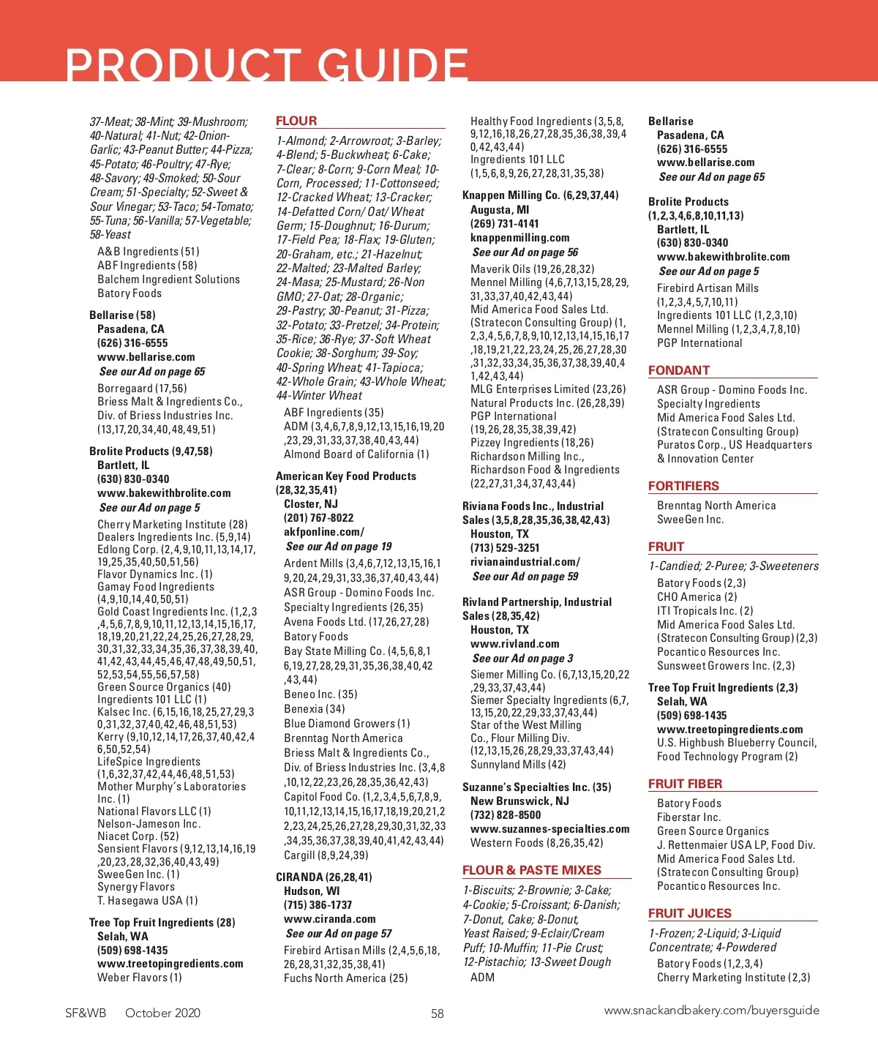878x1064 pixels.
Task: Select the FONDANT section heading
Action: click(x=679, y=370)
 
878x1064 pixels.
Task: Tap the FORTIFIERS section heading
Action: click(x=683, y=486)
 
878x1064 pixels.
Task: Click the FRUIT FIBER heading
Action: click(x=685, y=784)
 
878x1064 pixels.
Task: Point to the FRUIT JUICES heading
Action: click(x=689, y=913)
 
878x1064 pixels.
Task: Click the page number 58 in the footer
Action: click(x=438, y=1014)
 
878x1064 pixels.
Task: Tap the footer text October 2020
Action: click(x=162, y=1013)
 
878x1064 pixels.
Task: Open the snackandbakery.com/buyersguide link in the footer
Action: click(x=711, y=1011)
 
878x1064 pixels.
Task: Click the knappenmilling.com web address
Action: click(x=520, y=238)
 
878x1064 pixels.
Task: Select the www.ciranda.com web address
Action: click(x=329, y=919)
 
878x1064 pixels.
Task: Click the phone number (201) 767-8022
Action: click(x=318, y=518)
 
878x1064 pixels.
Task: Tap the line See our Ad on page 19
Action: click(x=338, y=546)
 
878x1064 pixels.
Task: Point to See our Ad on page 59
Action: click(x=525, y=577)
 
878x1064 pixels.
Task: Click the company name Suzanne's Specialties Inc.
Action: click(x=526, y=787)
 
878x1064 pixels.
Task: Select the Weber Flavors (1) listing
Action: click(x=140, y=978)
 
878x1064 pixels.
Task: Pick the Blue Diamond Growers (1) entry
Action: click(x=347, y=724)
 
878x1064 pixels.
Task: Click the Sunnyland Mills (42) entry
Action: click(x=518, y=765)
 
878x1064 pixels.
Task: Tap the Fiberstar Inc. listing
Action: click(x=688, y=817)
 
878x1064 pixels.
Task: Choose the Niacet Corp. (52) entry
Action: click(x=138, y=836)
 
